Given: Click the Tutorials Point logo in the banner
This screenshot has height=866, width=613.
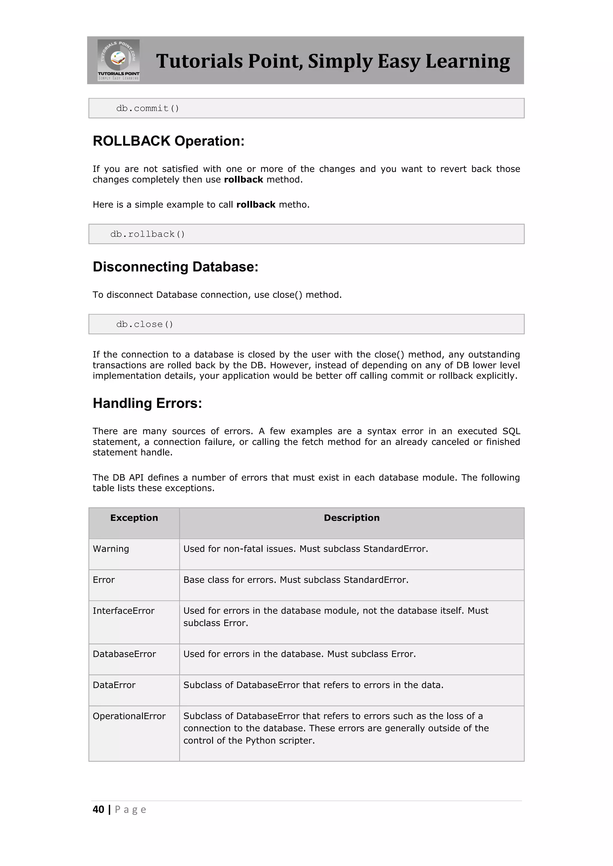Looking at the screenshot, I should pyautogui.click(x=119, y=60).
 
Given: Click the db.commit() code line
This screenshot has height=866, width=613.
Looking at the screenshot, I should pyautogui.click(x=148, y=109).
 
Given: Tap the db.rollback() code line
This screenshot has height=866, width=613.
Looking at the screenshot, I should pyautogui.click(x=148, y=234).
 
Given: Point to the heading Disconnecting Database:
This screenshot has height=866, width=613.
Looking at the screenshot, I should pyautogui.click(x=175, y=267).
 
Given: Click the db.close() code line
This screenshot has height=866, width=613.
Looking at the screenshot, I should pyautogui.click(x=145, y=324).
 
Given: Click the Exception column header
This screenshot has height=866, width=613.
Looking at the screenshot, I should pyautogui.click(x=134, y=518).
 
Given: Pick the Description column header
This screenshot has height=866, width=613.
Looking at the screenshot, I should pyautogui.click(x=351, y=518).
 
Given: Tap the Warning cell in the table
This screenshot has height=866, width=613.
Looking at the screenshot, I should pyautogui.click(x=111, y=549).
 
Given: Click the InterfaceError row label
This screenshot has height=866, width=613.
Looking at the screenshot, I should pyautogui.click(x=123, y=611).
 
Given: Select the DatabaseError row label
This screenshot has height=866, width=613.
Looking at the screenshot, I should pyautogui.click(x=124, y=654).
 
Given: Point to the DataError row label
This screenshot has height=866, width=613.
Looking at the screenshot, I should pyautogui.click(x=114, y=685).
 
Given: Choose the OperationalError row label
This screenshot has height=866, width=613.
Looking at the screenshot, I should pyautogui.click(x=129, y=716).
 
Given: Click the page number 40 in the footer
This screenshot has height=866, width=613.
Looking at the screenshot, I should pyautogui.click(x=98, y=809).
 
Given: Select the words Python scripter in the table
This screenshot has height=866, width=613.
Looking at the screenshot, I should pyautogui.click(x=280, y=741).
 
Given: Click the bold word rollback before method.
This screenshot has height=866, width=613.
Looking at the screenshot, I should pyautogui.click(x=243, y=179).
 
